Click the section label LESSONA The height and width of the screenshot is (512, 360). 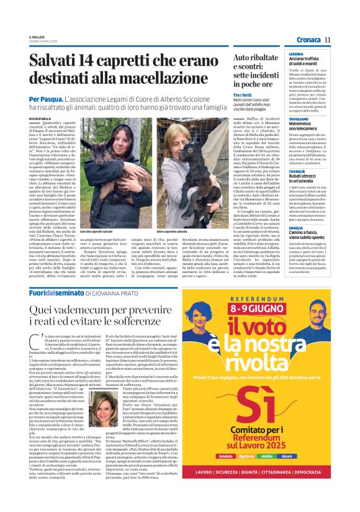(296, 55)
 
